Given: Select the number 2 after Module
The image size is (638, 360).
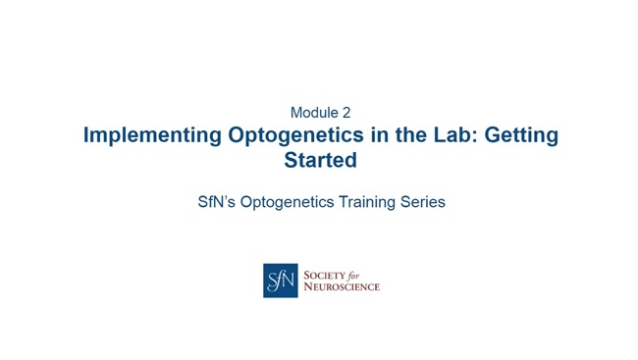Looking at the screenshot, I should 346,112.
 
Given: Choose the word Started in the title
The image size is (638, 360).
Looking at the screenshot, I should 320,159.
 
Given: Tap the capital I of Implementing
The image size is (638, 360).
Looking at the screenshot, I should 87,135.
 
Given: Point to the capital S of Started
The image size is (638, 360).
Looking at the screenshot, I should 291,159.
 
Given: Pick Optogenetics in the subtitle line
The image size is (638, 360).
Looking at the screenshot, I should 292,202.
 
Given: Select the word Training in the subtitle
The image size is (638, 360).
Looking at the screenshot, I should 371,202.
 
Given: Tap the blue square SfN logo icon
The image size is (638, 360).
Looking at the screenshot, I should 280,281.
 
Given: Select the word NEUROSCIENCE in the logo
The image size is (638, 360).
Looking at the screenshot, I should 342,287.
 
